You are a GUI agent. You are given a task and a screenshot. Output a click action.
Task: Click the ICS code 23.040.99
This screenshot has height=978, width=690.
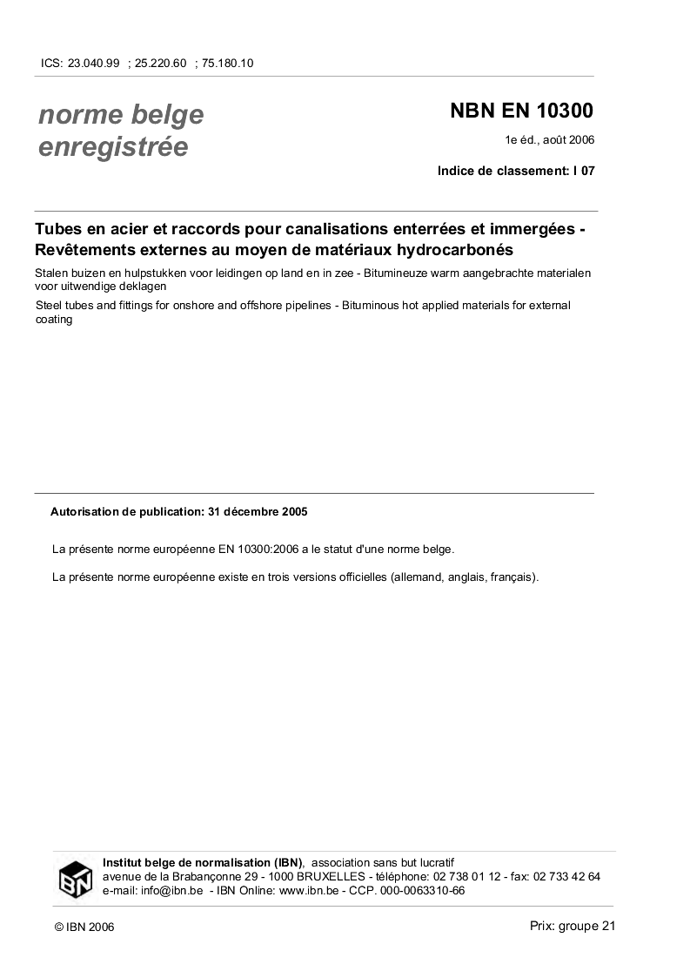[92, 63]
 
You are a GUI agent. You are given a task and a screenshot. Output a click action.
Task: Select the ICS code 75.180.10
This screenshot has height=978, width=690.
[227, 63]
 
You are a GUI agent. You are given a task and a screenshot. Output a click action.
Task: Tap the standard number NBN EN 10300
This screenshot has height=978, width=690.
[521, 111]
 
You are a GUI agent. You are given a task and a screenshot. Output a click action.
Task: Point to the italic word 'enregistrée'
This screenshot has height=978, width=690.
[113, 147]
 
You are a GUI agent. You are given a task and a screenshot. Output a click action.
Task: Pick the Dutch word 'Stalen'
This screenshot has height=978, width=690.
[52, 273]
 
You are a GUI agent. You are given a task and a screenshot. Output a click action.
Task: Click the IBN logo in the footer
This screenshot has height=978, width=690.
[76, 878]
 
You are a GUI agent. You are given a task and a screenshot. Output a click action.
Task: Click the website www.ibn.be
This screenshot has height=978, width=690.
[310, 891]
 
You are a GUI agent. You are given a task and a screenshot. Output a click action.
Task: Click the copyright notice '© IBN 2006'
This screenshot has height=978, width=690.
[84, 927]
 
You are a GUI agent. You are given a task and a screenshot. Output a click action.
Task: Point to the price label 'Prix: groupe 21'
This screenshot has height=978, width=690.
[572, 926]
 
